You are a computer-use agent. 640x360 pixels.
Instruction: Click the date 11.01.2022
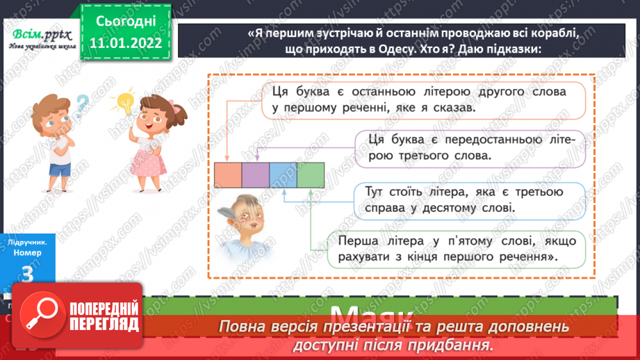[124, 43]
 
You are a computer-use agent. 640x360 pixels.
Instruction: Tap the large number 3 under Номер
[28, 276]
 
